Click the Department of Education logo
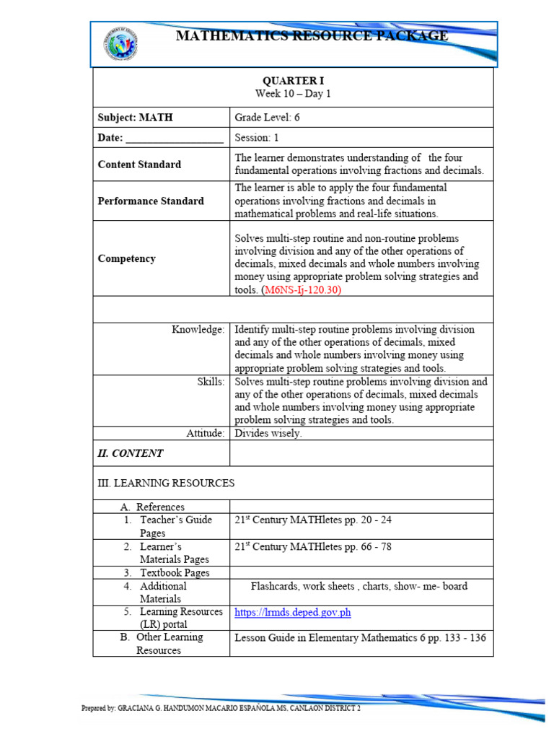click(120, 43)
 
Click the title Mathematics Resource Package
click(312, 36)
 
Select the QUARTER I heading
click(293, 81)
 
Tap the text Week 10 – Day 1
click(293, 94)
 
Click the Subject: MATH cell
click(136, 118)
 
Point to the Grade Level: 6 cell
click(267, 118)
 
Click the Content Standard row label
click(139, 165)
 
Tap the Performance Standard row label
click(151, 201)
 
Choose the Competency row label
click(126, 259)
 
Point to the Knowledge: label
click(198, 329)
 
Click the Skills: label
click(211, 381)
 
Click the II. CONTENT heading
click(131, 453)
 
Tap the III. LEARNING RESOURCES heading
click(166, 482)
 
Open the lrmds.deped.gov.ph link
click(293, 613)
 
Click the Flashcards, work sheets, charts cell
click(359, 586)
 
